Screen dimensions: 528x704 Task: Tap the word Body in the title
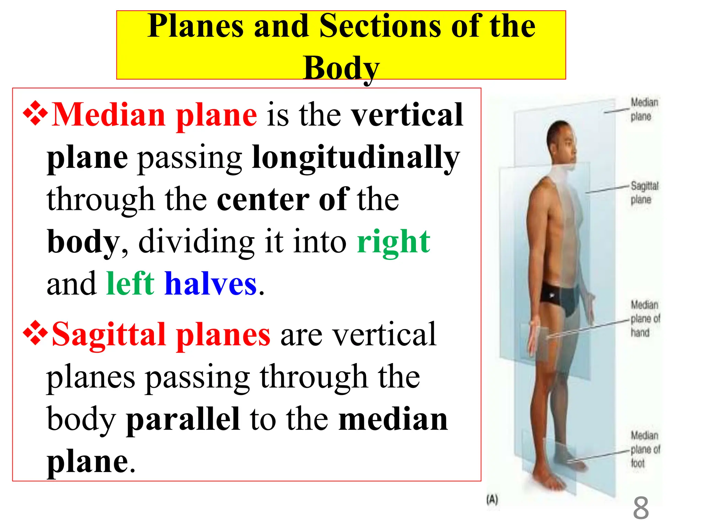(x=341, y=68)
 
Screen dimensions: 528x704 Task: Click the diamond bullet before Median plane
(x=35, y=113)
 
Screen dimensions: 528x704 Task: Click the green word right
(x=393, y=242)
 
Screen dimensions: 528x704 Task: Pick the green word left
(x=130, y=284)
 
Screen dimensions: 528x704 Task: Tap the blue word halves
(x=210, y=284)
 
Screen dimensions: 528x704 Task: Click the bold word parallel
(x=183, y=419)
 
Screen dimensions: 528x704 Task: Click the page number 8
(x=641, y=508)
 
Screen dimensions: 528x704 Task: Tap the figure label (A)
(x=492, y=499)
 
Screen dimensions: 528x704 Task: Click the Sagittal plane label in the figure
(x=644, y=192)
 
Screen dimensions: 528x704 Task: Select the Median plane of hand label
(x=645, y=319)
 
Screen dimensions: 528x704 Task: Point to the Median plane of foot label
(x=645, y=449)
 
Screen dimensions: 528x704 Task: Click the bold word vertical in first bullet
(x=407, y=115)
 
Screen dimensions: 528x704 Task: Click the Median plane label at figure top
(x=643, y=109)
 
